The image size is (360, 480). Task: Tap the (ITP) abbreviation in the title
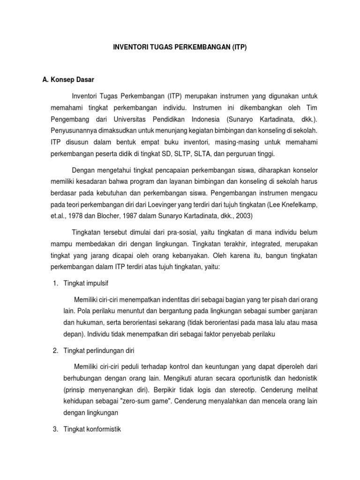coord(239,48)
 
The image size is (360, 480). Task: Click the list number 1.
coord(55,284)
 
